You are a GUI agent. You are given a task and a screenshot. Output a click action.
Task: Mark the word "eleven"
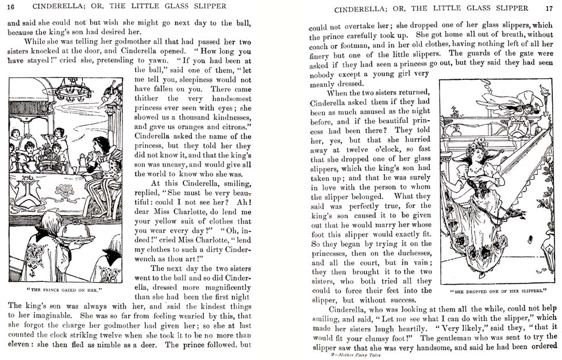(20, 346)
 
